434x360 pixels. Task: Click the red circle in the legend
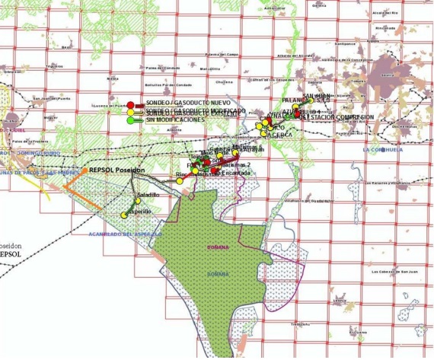(x=130, y=104)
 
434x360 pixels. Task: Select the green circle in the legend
(x=130, y=120)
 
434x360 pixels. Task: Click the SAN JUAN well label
(x=317, y=96)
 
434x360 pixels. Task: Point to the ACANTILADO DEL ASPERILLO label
(x=124, y=234)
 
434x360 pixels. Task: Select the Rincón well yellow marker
(x=180, y=180)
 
